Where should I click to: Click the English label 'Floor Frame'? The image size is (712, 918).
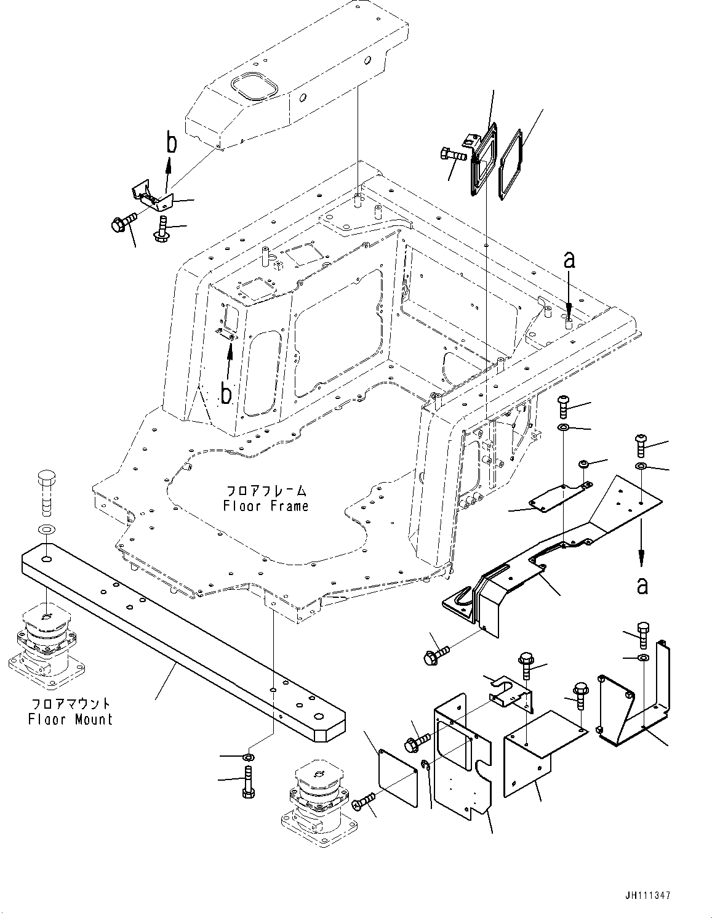click(x=266, y=506)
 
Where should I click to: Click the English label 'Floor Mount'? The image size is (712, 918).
click(x=70, y=719)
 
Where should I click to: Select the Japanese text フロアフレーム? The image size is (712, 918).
click(x=266, y=491)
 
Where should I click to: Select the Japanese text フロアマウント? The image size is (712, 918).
click(x=70, y=703)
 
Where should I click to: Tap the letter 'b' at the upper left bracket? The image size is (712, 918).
click(x=173, y=143)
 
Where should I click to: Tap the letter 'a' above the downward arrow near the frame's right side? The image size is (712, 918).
click(x=569, y=260)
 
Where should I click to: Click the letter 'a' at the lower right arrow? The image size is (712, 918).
click(x=642, y=586)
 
